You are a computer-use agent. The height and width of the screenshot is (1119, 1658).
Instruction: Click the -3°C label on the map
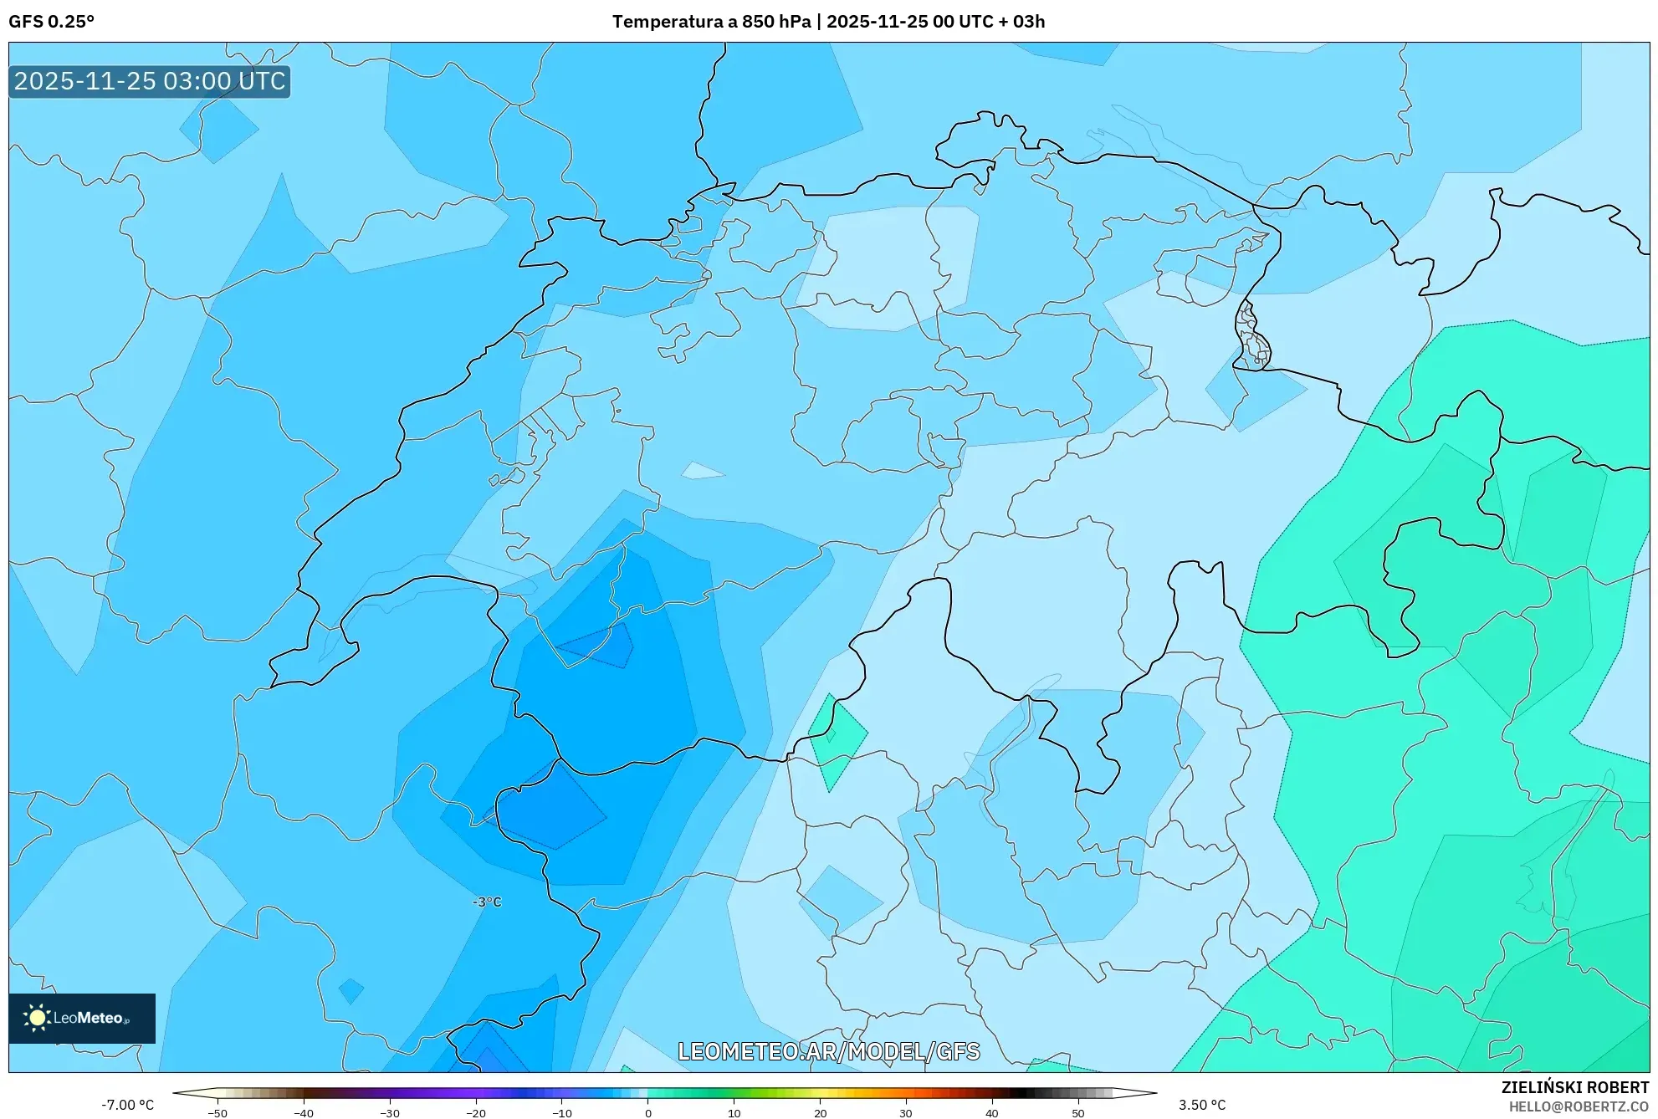487,902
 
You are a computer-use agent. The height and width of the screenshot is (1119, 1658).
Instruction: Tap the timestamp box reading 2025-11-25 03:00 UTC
150,81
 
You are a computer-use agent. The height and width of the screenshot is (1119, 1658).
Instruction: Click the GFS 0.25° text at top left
51,22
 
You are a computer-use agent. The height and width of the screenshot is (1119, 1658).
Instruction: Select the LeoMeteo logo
82,1018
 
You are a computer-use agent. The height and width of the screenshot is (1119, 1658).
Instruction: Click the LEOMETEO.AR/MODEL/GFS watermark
828,1051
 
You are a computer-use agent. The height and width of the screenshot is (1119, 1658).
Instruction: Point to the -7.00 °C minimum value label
127,1105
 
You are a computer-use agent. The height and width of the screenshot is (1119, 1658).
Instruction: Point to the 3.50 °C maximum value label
1202,1105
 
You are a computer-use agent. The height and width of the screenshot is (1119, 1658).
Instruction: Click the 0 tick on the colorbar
647,1112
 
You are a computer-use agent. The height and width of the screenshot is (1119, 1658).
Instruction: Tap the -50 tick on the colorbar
217,1112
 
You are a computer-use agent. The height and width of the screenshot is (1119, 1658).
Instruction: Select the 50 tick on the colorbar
1077,1112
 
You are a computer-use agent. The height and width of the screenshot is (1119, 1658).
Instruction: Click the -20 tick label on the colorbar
475,1113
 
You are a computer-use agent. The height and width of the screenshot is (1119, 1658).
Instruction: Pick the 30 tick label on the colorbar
906,1113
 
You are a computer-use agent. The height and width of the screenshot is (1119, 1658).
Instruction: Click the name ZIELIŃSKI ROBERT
1574,1087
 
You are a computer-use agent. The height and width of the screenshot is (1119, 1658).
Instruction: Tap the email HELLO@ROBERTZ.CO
1579,1106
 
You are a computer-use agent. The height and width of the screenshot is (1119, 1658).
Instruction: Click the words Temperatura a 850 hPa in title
711,22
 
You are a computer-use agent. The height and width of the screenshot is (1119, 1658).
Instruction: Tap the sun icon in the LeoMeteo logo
37,1018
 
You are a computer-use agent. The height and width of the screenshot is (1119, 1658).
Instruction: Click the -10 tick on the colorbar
561,1112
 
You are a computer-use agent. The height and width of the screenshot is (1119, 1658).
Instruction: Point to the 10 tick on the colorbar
734,1112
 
